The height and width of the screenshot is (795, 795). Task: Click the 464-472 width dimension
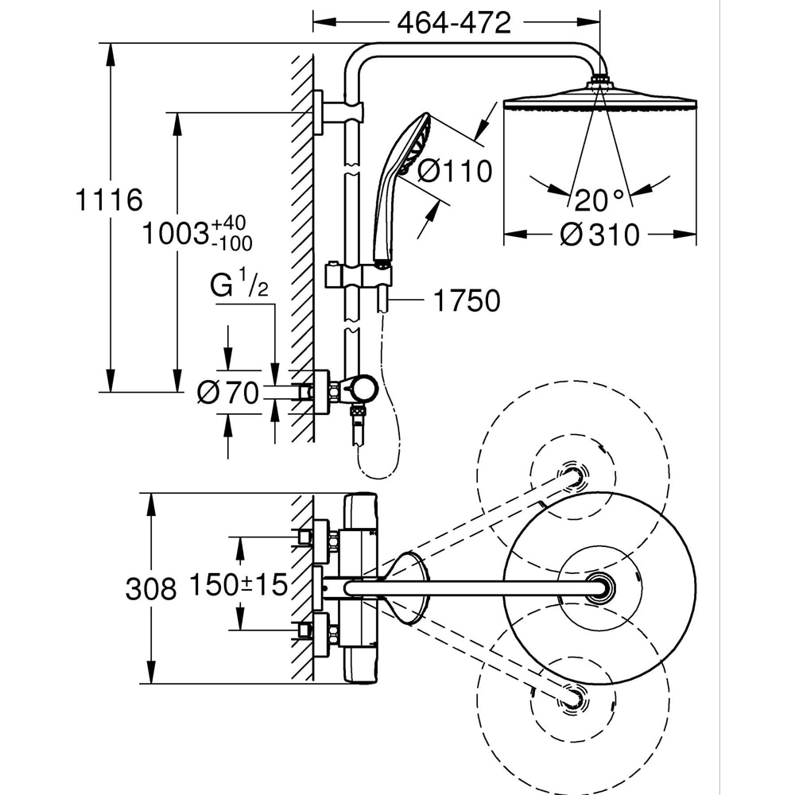454,23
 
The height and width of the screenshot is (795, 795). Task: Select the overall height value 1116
109,200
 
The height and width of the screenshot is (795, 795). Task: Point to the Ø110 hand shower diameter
455,171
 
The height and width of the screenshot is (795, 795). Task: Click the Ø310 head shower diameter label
599,235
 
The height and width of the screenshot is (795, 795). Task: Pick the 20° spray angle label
601,196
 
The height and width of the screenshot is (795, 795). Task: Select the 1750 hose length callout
467,301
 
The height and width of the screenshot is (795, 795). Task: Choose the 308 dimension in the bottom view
151,589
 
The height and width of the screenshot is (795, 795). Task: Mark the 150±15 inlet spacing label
238,586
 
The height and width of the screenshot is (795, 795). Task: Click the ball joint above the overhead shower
601,80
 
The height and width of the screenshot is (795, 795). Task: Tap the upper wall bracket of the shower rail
320,112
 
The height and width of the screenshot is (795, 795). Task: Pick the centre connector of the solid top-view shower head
598,588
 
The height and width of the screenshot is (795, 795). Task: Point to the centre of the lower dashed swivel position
572,696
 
